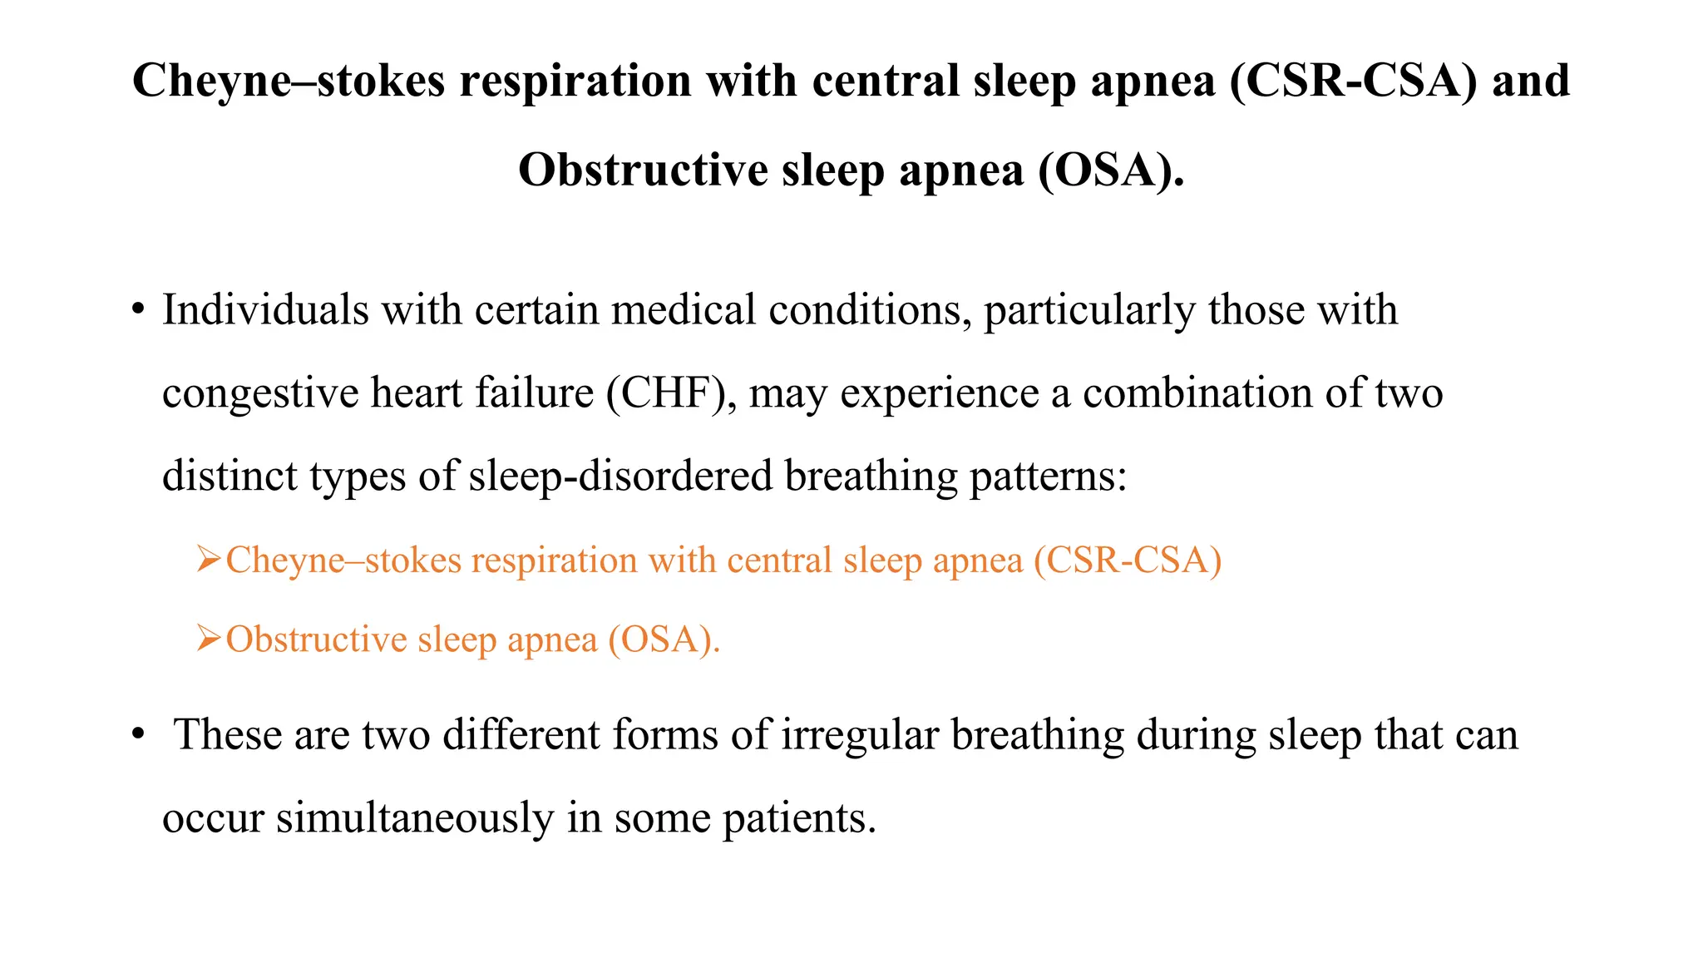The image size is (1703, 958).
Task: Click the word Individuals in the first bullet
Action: pyautogui.click(x=265, y=310)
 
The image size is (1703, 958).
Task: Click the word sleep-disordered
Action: pyautogui.click(x=620, y=477)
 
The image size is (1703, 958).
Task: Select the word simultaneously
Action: pyautogui.click(x=415, y=818)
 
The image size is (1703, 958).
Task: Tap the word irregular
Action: pyautogui.click(x=860, y=735)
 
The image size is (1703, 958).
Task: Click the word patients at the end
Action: pyautogui.click(x=799, y=818)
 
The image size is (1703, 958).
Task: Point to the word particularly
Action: pyautogui.click(x=1089, y=310)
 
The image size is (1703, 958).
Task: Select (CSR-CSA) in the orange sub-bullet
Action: pyautogui.click(x=1128, y=560)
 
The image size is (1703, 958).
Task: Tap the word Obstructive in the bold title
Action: pyautogui.click(x=643, y=170)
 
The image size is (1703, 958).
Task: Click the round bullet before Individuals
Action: pyautogui.click(x=138, y=311)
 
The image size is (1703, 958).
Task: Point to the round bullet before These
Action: pyautogui.click(x=138, y=736)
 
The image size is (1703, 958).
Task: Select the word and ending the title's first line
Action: pyautogui.click(x=1531, y=81)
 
